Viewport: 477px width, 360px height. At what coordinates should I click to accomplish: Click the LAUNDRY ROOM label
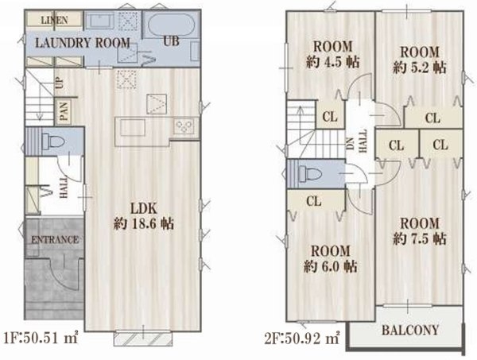point(83,43)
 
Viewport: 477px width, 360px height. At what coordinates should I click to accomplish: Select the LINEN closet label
point(54,20)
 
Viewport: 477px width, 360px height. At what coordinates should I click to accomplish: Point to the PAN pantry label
point(64,110)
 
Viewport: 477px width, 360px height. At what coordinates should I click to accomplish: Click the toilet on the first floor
point(53,141)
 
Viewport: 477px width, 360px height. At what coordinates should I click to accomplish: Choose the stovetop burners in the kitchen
point(184,126)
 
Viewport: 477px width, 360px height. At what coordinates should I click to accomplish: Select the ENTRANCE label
point(55,240)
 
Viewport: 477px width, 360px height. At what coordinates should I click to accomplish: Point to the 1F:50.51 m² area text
point(41,338)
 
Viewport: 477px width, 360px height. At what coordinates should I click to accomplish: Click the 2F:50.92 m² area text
point(302,339)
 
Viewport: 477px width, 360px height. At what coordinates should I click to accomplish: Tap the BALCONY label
point(410,330)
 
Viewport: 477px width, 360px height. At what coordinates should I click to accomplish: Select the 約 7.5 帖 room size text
point(420,238)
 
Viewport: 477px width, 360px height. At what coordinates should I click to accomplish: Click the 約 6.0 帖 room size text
point(331,267)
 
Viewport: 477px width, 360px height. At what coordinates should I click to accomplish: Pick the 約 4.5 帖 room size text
point(333,62)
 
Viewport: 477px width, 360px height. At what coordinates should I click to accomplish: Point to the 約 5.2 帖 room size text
point(420,68)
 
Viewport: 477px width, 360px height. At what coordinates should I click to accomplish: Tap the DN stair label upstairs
point(351,143)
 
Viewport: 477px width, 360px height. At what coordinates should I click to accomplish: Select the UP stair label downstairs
point(59,83)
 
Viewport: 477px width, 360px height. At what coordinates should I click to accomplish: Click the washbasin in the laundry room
point(99,21)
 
